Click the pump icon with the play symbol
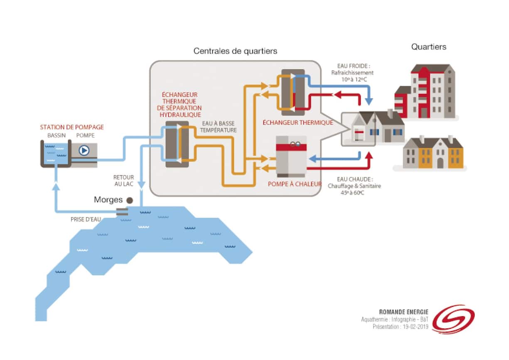coord(84,150)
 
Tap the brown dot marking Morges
coord(130,200)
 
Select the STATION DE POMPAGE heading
coord(72,127)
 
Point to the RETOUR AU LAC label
coord(123,180)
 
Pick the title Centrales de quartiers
coord(235,51)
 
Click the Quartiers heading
coord(429,47)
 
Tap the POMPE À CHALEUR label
coord(294,184)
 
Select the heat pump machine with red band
coord(291,156)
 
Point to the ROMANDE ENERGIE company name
coord(403,312)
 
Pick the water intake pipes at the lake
coord(122,212)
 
